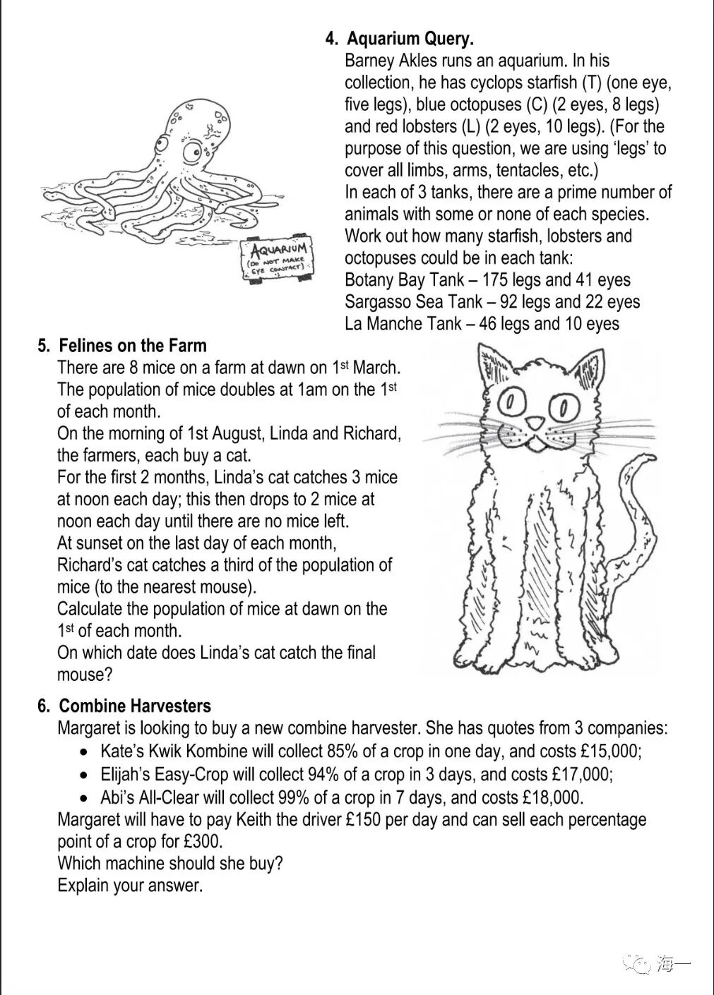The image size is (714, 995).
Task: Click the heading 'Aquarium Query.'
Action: click(410, 39)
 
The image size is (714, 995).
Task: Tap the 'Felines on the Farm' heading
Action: click(133, 346)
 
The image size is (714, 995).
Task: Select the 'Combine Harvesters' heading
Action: click(135, 706)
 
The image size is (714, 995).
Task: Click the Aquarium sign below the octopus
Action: click(278, 260)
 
